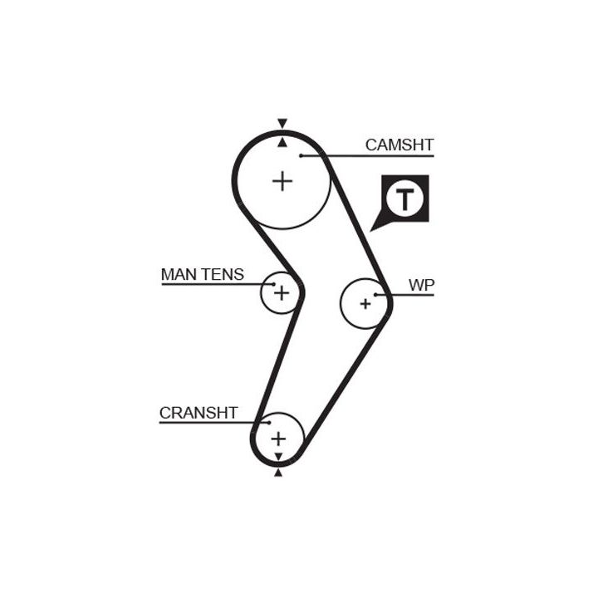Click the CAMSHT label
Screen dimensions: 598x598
coord(399,145)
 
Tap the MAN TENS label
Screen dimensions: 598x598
coord(203,274)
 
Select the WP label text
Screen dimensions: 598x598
coord(421,285)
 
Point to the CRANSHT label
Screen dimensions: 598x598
coord(199,413)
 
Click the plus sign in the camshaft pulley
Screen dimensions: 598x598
coord(283,180)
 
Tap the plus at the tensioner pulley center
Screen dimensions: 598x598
coord(281,292)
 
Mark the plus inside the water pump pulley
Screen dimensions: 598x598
coord(365,304)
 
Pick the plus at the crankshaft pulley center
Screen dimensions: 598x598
coord(277,438)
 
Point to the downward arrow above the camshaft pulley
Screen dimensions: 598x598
coord(282,124)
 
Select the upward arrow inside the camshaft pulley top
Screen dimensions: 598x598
coord(282,142)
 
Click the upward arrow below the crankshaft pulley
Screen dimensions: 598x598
coord(277,473)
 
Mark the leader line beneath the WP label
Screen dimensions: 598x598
coord(407,295)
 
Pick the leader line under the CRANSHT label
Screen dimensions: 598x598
coord(208,423)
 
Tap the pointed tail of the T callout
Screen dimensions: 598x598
coord(375,226)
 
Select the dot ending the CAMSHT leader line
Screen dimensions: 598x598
coord(303,155)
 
